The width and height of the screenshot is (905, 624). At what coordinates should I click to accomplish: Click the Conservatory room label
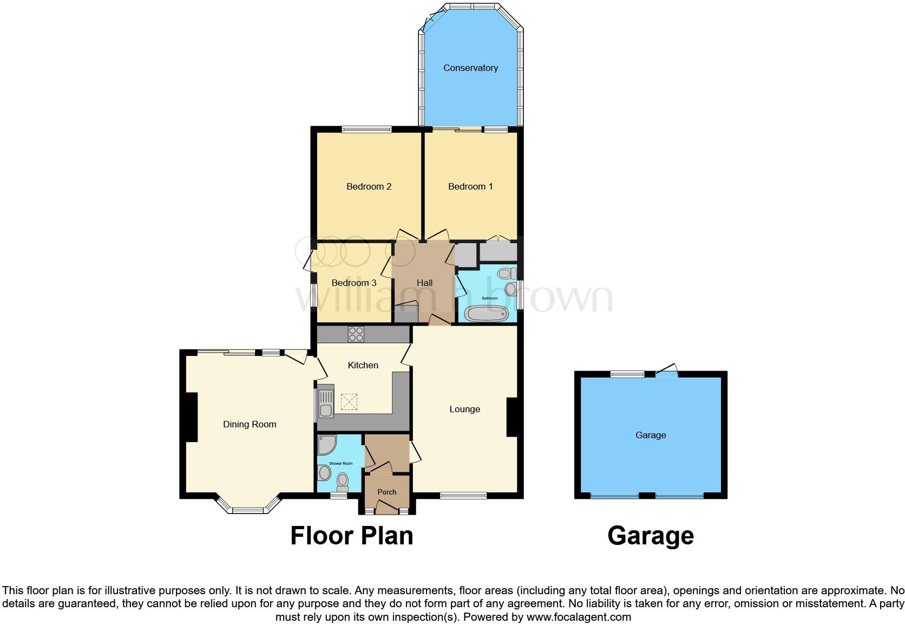click(470, 68)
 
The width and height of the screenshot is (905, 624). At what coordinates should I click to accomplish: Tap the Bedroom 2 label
click(369, 186)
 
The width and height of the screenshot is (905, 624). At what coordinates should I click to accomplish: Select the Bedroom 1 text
click(470, 186)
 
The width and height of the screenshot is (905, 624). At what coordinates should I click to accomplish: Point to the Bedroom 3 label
click(354, 283)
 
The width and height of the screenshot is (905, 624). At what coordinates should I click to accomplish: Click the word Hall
click(424, 283)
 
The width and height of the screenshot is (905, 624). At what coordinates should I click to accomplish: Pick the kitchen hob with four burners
click(356, 334)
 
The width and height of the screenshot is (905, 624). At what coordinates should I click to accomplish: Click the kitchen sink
click(326, 404)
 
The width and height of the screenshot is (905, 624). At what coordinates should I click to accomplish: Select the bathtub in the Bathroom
click(487, 314)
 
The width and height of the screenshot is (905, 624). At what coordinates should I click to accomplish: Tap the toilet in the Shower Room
click(342, 481)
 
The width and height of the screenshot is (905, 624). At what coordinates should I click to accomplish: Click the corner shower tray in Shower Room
click(326, 445)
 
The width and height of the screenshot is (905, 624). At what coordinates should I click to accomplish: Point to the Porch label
click(386, 492)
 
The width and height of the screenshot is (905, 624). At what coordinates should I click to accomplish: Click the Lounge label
click(464, 409)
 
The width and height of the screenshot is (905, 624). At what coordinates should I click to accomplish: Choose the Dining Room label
click(250, 424)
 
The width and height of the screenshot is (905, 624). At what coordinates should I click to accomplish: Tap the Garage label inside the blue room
click(651, 435)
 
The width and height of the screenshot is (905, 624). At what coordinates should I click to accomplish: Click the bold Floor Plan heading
click(351, 536)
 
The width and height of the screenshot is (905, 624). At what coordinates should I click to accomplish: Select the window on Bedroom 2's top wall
click(366, 129)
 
